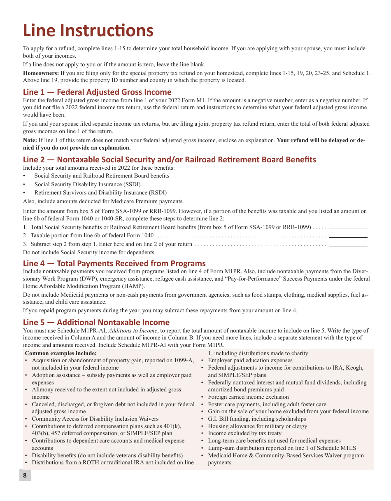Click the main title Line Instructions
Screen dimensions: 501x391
[x=88, y=30]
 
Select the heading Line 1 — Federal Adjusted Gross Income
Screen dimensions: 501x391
[x=97, y=92]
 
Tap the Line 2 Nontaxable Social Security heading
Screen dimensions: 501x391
[x=170, y=159]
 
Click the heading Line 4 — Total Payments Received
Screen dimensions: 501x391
[x=114, y=263]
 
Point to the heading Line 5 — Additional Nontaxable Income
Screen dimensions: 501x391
[x=96, y=322]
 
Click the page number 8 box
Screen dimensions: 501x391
[x=25, y=475]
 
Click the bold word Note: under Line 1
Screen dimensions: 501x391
[x=30, y=140]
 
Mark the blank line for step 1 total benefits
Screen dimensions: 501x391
[x=348, y=228]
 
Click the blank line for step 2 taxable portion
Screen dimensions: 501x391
[x=348, y=236]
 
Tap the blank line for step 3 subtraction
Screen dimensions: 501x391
[x=348, y=245]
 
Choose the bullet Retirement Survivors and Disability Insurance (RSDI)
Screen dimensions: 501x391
[x=100, y=192]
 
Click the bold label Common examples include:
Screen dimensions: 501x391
[x=61, y=353]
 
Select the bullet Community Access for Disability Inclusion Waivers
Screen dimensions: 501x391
[x=95, y=419]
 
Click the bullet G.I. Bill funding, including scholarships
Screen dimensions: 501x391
[x=257, y=419]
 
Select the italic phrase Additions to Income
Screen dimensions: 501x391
[x=133, y=330]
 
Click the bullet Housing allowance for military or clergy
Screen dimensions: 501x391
[x=257, y=426]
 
